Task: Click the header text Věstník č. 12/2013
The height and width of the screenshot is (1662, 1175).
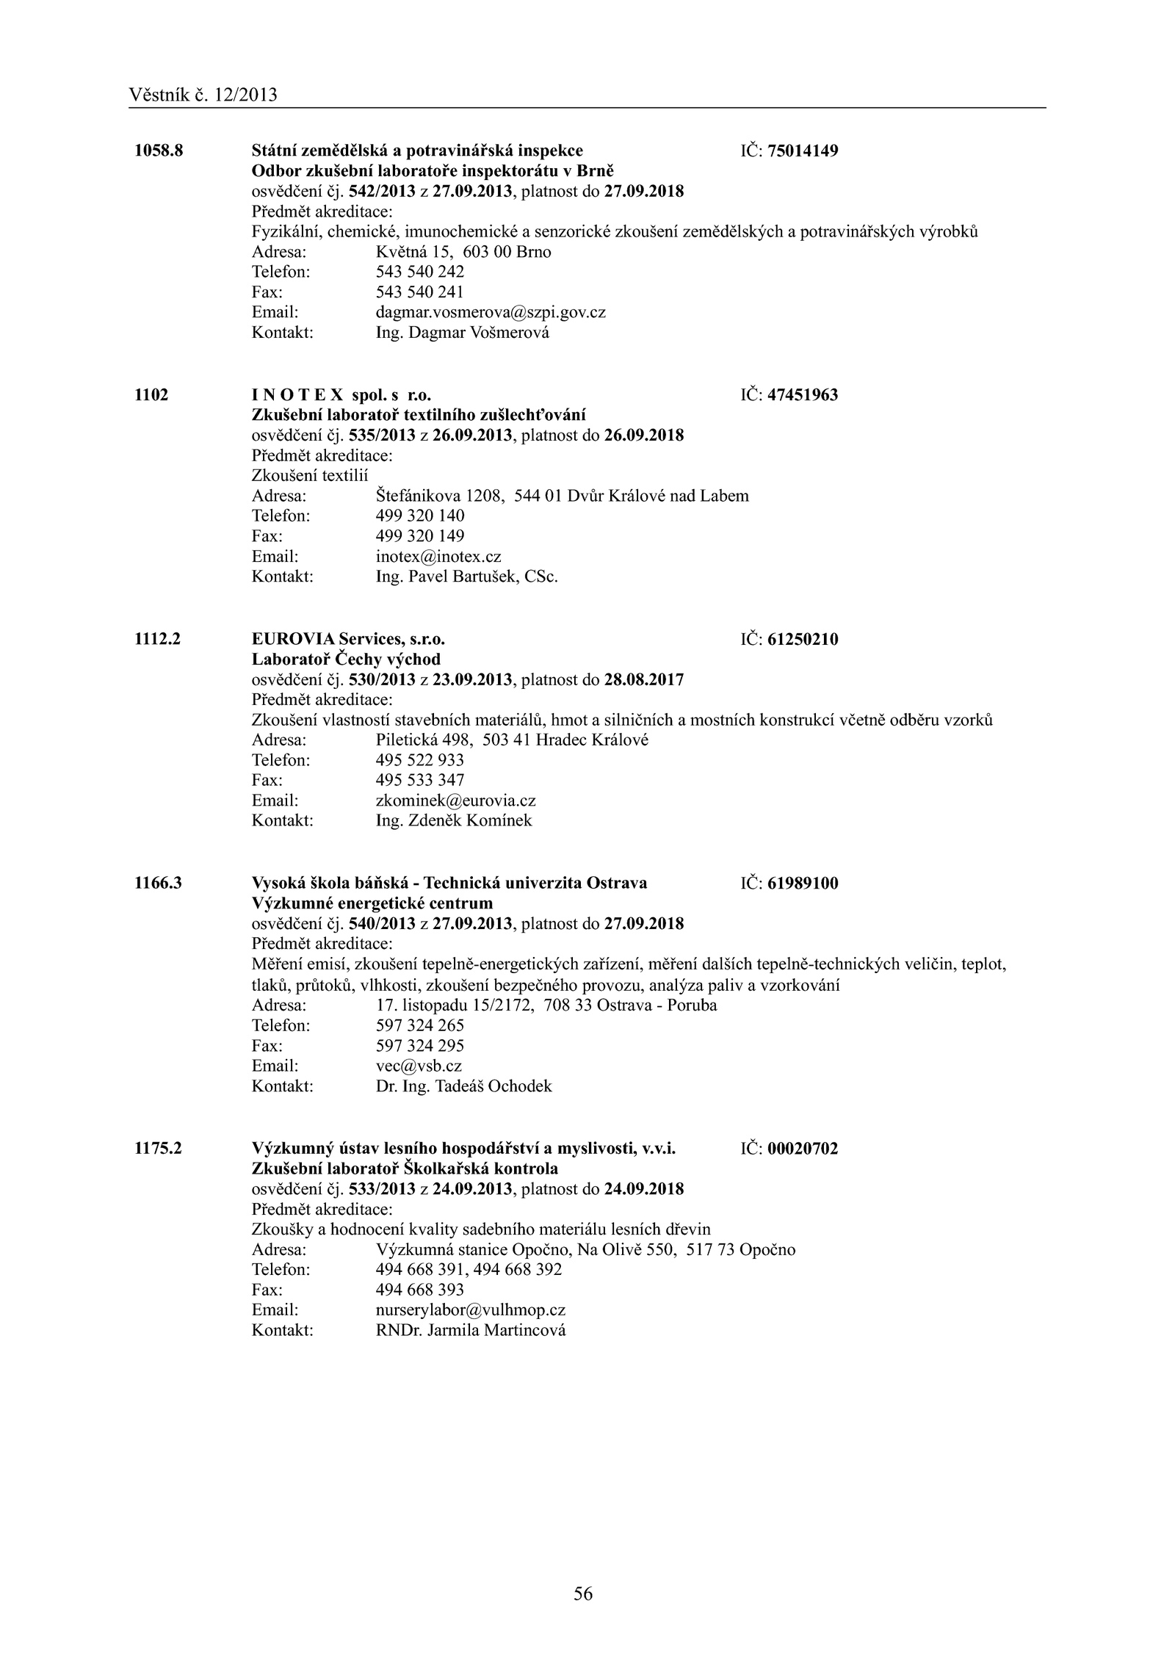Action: (203, 95)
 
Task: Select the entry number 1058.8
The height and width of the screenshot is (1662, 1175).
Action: (158, 151)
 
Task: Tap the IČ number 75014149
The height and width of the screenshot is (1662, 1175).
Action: (803, 151)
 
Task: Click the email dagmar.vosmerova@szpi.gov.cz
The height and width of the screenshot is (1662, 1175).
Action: (491, 313)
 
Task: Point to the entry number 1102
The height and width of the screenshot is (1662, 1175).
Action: (151, 395)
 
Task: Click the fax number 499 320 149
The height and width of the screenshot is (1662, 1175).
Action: (419, 536)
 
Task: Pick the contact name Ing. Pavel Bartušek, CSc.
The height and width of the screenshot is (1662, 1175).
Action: (466, 577)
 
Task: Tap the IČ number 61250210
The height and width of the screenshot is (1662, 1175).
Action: (803, 640)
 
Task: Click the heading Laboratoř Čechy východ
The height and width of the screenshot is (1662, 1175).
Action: (346, 660)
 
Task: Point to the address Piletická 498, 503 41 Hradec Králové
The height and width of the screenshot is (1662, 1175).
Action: (512, 740)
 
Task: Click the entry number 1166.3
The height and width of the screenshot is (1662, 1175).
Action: (158, 884)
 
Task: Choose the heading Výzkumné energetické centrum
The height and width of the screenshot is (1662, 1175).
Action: (372, 903)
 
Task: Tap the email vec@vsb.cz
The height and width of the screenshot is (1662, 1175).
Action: (419, 1066)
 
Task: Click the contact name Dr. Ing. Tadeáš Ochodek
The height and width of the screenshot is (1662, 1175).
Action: (463, 1086)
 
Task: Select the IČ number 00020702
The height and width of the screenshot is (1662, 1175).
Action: (803, 1149)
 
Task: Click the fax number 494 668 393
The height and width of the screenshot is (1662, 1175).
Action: (419, 1290)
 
